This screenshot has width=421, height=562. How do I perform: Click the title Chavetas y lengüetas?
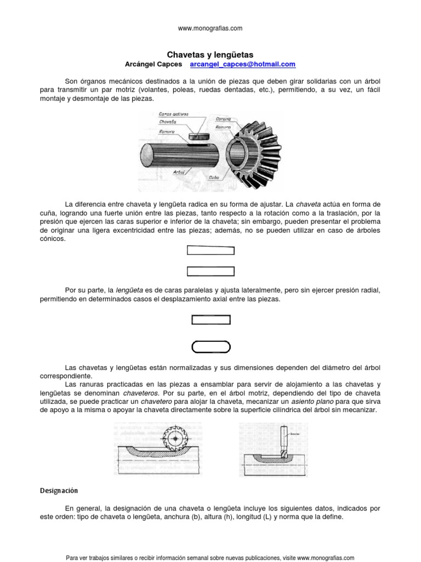point(210,55)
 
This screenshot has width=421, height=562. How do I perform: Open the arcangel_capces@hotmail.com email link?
point(242,64)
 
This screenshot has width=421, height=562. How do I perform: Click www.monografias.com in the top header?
point(210,28)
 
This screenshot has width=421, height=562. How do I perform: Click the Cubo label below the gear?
point(214,177)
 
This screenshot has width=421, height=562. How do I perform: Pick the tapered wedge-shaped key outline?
point(210,251)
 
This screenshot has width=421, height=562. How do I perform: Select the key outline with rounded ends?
point(210,346)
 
